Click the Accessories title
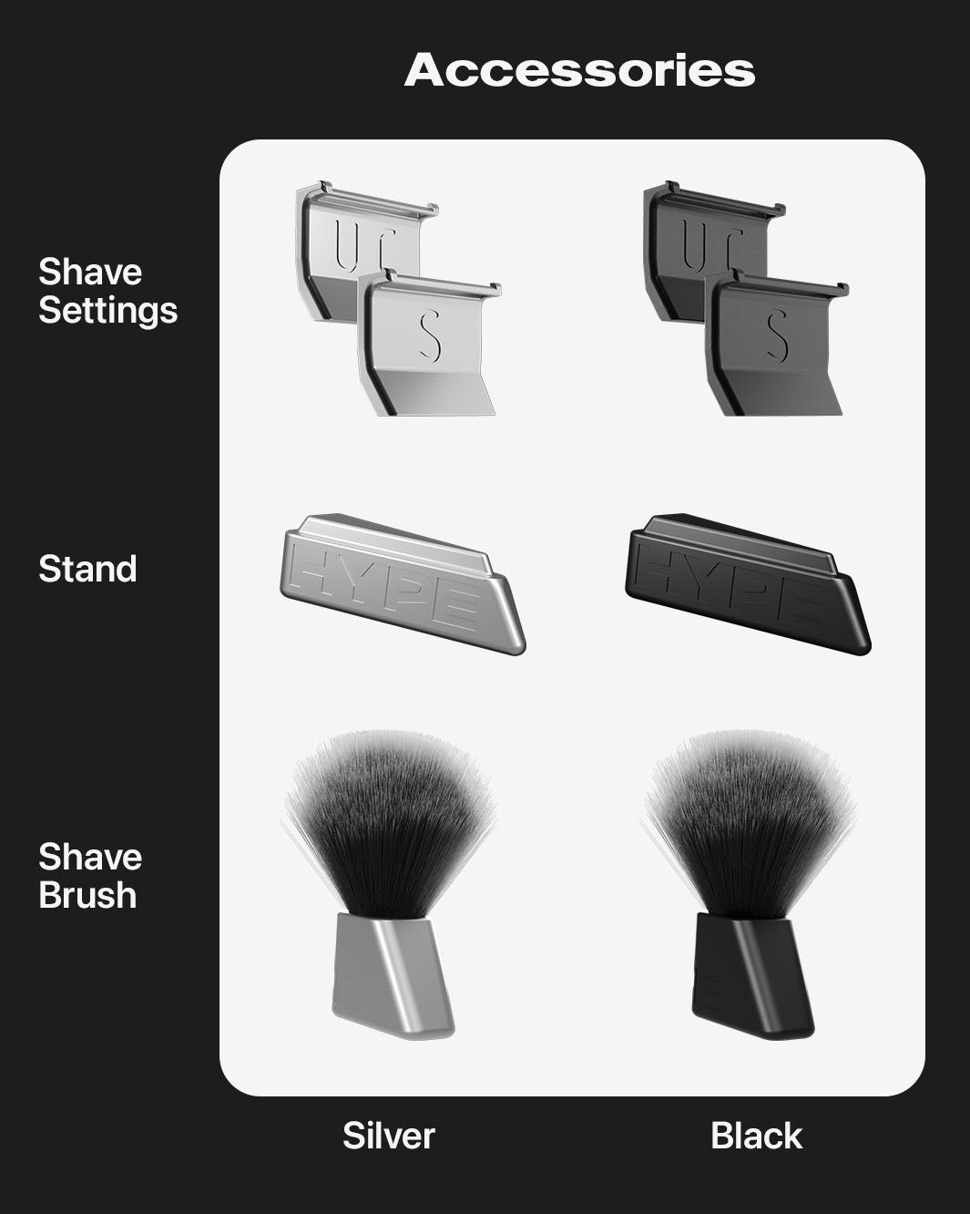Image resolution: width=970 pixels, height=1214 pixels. tap(579, 70)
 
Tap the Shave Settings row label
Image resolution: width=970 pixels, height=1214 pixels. tap(107, 291)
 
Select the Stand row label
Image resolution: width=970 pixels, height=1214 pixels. tap(87, 569)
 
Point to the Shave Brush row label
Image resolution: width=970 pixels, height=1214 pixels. tap(90, 876)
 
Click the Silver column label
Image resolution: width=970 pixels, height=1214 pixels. tap(389, 1136)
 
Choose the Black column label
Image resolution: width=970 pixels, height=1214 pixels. tap(756, 1136)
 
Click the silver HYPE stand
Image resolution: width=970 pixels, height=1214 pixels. tap(401, 583)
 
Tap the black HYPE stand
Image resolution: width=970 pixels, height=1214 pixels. tap(747, 583)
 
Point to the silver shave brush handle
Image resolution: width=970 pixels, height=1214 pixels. tap(392, 975)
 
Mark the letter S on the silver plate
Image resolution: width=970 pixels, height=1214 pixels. tap(430, 334)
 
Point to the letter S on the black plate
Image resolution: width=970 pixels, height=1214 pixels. tap(777, 334)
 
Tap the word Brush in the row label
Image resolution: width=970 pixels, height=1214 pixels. tap(87, 895)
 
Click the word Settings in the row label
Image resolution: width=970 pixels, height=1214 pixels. tap(107, 310)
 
